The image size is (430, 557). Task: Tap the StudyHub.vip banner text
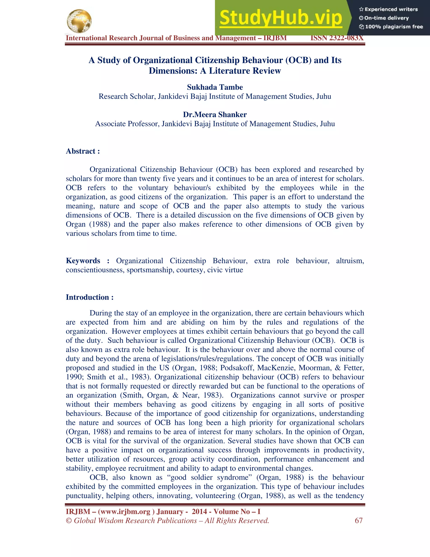coord(281,18)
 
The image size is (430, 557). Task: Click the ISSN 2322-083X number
coord(337,38)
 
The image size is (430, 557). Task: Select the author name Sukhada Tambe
coord(215,87)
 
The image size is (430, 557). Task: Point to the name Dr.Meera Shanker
coord(215,115)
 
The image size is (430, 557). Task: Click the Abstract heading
coord(83,151)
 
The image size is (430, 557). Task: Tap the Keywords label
coord(83,261)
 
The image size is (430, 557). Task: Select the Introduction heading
coord(90,297)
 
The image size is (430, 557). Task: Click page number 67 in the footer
coord(358,520)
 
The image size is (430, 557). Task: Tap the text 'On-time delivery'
coord(386,18)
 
